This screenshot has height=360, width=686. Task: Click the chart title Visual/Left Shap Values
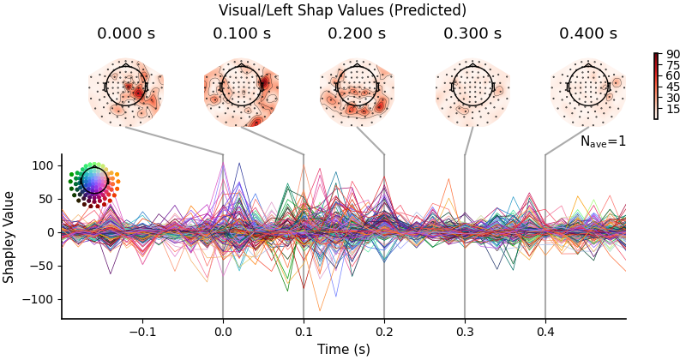[x=342, y=10]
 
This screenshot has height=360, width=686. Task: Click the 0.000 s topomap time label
[x=125, y=34]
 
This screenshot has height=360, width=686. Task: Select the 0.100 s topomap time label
[x=242, y=34]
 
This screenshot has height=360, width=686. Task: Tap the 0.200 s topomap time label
[x=357, y=34]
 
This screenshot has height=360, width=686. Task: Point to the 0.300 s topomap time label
[x=472, y=34]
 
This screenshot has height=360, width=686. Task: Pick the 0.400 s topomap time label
[x=588, y=34]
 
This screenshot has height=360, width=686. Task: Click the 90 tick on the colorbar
[x=672, y=54]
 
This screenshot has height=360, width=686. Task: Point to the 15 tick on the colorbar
[x=672, y=109]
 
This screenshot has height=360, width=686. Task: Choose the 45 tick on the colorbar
[x=672, y=87]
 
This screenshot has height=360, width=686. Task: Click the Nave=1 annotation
[x=603, y=141]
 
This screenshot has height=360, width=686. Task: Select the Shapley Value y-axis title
[x=9, y=237]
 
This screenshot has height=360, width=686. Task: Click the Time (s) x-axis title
[x=343, y=349]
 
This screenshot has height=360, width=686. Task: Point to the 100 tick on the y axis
[x=42, y=165]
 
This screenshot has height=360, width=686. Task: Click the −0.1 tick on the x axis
[x=141, y=331]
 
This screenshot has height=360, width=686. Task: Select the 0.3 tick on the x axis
[x=465, y=331]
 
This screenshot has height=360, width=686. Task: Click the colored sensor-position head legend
[x=94, y=181]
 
